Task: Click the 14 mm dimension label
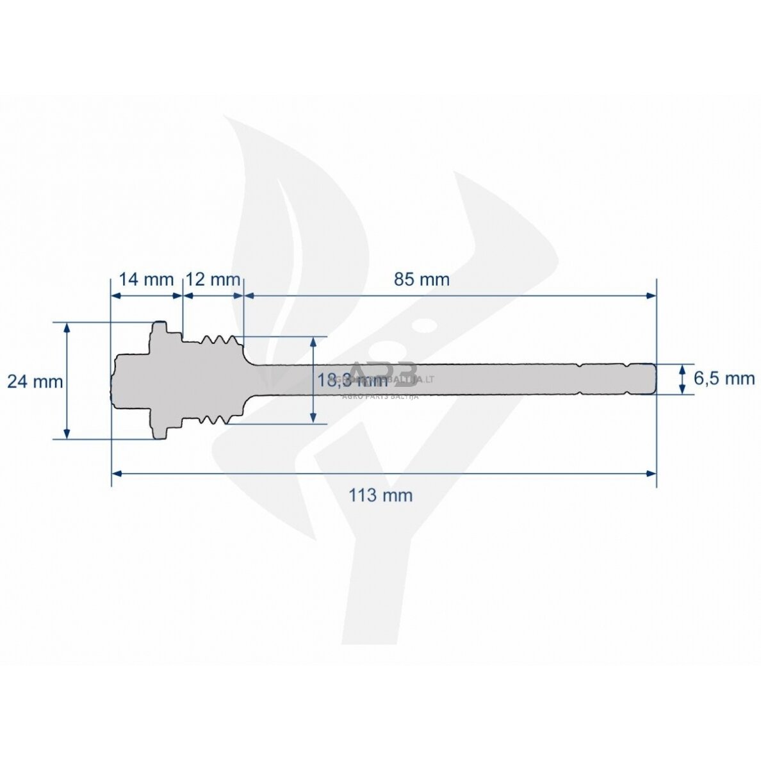tap(146, 280)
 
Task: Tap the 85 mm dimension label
tap(421, 280)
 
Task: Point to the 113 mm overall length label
tap(380, 495)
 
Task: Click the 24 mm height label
tap(35, 382)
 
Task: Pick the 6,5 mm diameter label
tap(724, 379)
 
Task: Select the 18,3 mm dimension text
tap(352, 380)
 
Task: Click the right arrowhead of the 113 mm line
tap(651, 473)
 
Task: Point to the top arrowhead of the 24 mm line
tap(67, 327)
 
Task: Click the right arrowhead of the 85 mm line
tap(651, 295)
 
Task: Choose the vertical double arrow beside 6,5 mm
tap(682, 379)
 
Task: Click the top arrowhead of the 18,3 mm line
tap(313, 341)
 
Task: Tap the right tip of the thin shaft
tap(655, 379)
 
